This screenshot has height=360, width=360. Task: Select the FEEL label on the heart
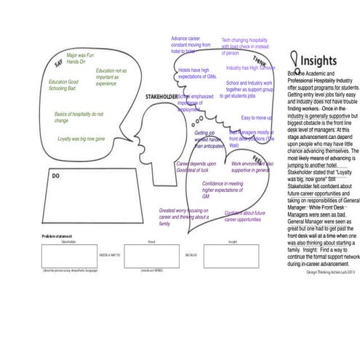tap(258, 159)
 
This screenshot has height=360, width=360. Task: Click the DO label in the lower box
tap(55, 176)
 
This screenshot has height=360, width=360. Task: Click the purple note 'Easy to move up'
tap(257, 117)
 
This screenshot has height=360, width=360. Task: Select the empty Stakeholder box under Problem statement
tap(68, 255)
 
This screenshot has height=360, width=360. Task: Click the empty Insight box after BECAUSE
tap(232, 255)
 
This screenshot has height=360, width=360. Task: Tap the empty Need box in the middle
tap(151, 255)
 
